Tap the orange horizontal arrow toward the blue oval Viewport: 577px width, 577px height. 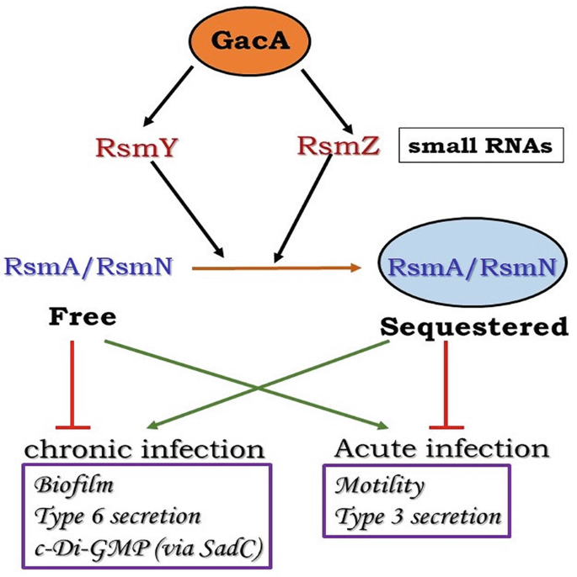point(278,268)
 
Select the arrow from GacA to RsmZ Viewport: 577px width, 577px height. point(325,93)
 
